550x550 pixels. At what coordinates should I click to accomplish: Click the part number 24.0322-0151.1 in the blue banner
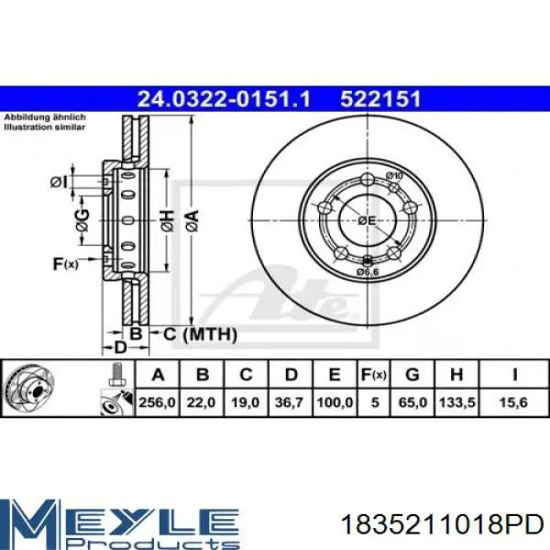click(224, 99)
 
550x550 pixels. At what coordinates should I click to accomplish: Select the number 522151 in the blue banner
click(380, 99)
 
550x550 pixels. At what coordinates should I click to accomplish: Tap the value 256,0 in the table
click(157, 402)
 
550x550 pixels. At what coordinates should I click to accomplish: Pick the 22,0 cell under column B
click(201, 402)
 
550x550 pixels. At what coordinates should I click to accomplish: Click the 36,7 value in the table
click(290, 402)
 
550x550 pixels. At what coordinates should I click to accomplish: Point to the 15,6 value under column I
click(513, 402)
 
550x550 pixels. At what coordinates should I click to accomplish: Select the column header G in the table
click(412, 375)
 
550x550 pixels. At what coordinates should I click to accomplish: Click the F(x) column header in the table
click(374, 375)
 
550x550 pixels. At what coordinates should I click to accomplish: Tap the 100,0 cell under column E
click(335, 402)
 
